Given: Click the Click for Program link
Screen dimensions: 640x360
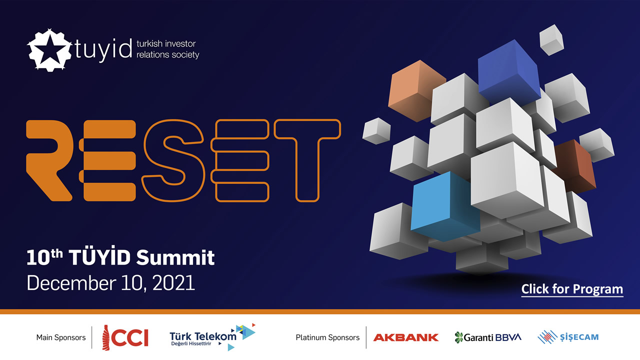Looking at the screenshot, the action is pyautogui.click(x=572, y=289).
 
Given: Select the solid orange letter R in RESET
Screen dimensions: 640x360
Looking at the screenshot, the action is pyautogui.click(x=49, y=160).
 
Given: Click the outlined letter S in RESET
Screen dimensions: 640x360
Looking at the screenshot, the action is pyautogui.click(x=173, y=160).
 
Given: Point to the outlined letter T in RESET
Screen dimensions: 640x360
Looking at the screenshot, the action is pyautogui.click(x=307, y=160).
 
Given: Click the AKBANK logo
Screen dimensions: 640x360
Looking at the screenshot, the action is pyautogui.click(x=405, y=337).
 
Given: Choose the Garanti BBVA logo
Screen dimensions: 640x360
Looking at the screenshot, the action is pyautogui.click(x=488, y=337).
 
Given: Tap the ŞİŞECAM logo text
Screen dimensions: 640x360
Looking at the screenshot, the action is pyautogui.click(x=579, y=337).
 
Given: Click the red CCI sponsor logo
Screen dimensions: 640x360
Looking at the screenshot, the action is pyautogui.click(x=125, y=337).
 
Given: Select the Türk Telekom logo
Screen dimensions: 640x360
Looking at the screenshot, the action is pyautogui.click(x=212, y=337).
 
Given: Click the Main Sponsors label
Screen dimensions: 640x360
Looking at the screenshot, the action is pyautogui.click(x=61, y=337).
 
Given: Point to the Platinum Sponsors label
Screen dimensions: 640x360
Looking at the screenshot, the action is pyautogui.click(x=327, y=337).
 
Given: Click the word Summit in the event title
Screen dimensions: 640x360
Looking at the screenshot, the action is pyautogui.click(x=175, y=257).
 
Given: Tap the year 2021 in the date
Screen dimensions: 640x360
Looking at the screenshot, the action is pyautogui.click(x=173, y=283).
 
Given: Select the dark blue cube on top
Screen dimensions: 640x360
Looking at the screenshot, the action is pyautogui.click(x=509, y=72).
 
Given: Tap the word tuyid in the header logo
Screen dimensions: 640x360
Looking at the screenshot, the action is pyautogui.click(x=103, y=49).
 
